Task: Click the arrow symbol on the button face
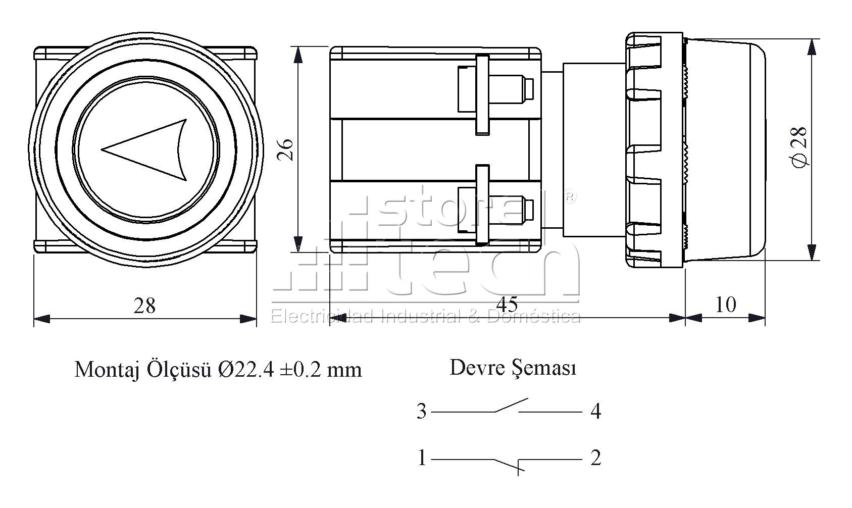click(x=144, y=150)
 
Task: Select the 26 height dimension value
click(x=286, y=150)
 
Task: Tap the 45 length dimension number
click(x=507, y=304)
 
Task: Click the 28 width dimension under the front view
click(x=144, y=306)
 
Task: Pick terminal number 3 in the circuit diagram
click(x=421, y=412)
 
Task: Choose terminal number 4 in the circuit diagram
click(x=595, y=412)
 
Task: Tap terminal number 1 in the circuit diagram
click(x=422, y=458)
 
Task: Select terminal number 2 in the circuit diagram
click(x=595, y=458)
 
